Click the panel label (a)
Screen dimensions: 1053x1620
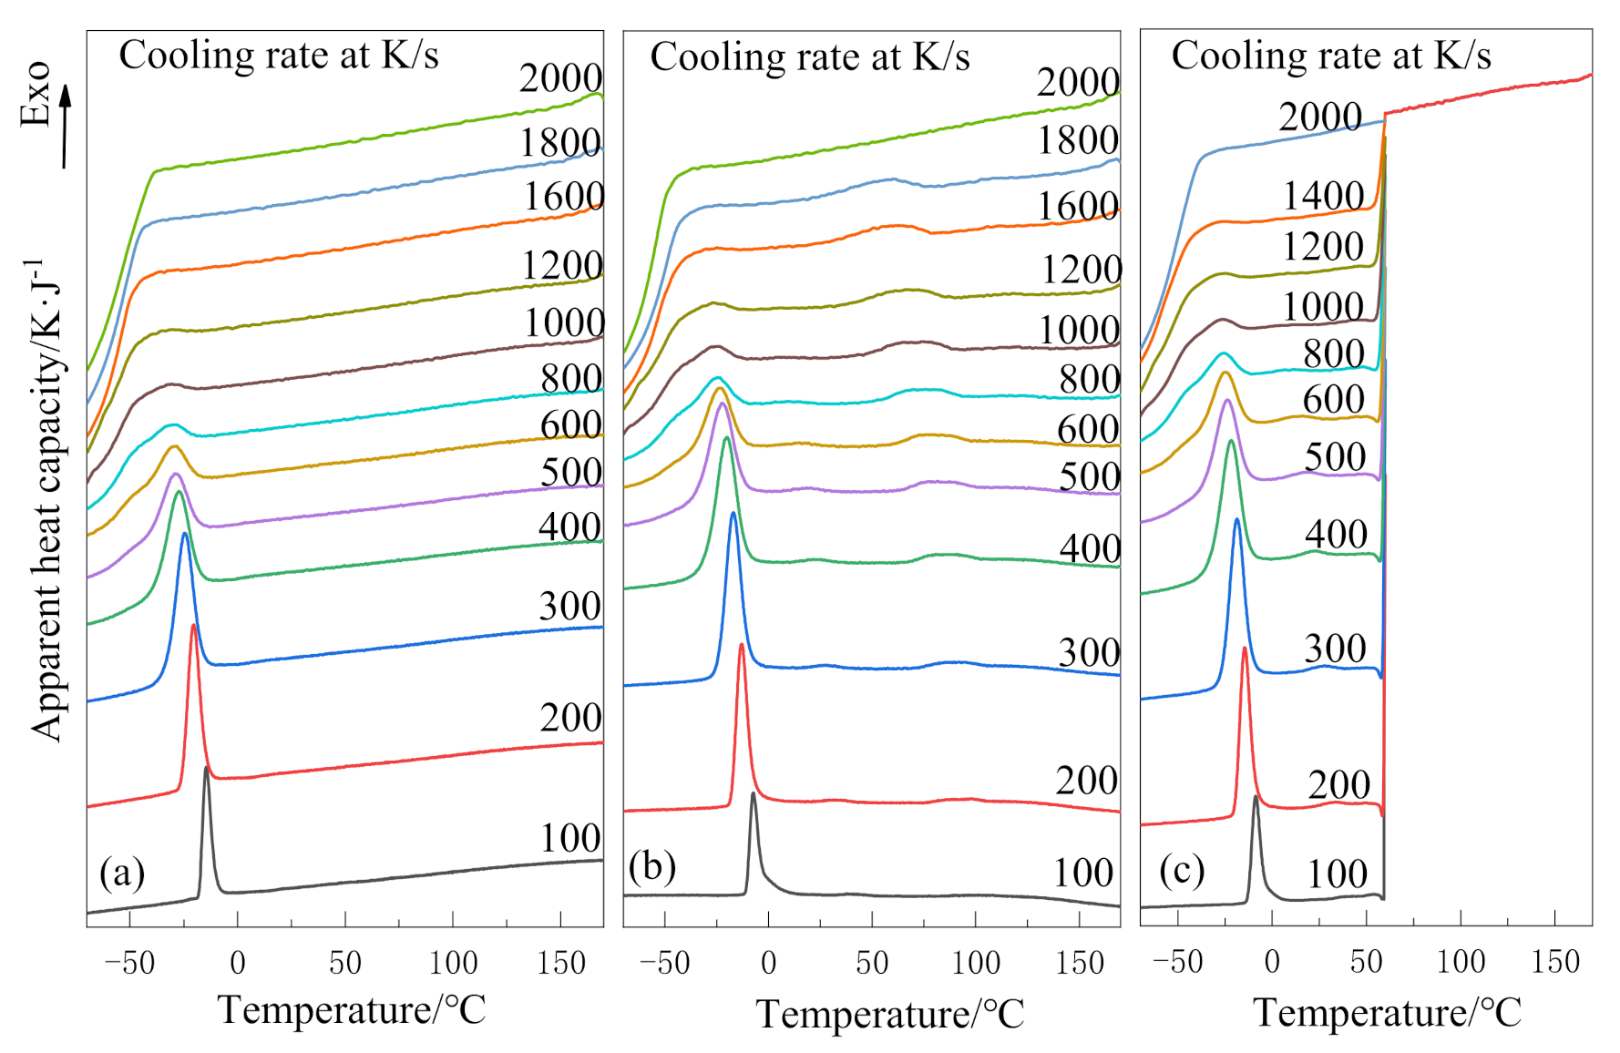pyautogui.click(x=122, y=873)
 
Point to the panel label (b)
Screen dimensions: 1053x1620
pyautogui.click(x=652, y=865)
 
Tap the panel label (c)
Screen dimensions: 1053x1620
pyautogui.click(x=1182, y=870)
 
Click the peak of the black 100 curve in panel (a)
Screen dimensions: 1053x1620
pyautogui.click(x=207, y=771)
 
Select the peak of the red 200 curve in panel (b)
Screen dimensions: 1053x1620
pyautogui.click(x=742, y=646)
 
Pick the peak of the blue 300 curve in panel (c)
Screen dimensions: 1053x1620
pyautogui.click(x=1236, y=520)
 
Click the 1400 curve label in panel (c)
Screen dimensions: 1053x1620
pyautogui.click(x=1323, y=196)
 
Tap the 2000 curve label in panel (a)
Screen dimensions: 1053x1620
pyautogui.click(x=560, y=78)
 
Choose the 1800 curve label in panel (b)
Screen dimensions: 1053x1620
pyautogui.click(x=1078, y=140)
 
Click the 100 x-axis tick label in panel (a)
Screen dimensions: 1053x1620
pyautogui.click(x=453, y=963)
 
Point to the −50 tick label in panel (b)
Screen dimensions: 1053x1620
pyautogui.click(x=664, y=963)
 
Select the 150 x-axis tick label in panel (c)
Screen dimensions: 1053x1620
pyautogui.click(x=1555, y=962)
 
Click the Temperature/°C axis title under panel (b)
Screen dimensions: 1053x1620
pyautogui.click(x=890, y=1014)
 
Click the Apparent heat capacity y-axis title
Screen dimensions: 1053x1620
pyautogui.click(x=46, y=501)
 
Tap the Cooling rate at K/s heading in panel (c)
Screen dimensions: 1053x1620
pyautogui.click(x=1330, y=56)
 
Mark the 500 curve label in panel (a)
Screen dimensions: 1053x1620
pyautogui.click(x=570, y=472)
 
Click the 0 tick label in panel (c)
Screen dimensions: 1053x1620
pyautogui.click(x=1272, y=962)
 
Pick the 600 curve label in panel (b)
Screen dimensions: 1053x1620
pyautogui.click(x=1088, y=428)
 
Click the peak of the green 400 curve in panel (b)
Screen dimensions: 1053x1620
pyautogui.click(x=726, y=439)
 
